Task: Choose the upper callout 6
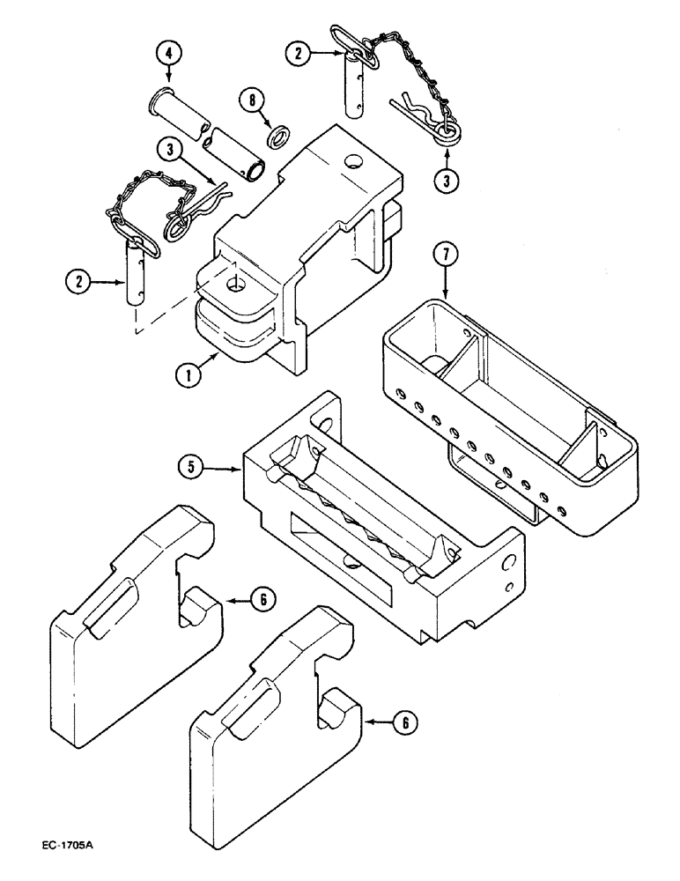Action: point(262,599)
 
